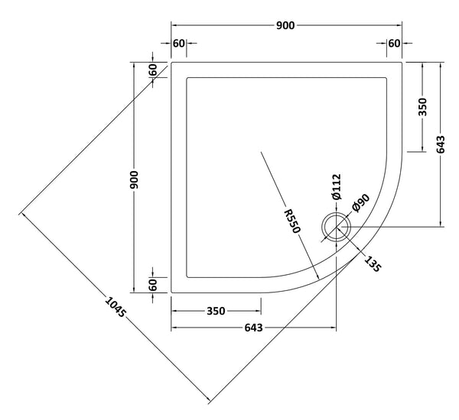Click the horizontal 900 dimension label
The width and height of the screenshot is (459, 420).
tap(286, 25)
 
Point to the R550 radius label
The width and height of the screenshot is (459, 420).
tap(293, 220)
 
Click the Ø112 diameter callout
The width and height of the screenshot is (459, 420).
tap(337, 188)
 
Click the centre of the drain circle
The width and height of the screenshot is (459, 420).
tap(337, 227)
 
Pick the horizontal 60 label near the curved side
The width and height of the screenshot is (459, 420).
tap(394, 43)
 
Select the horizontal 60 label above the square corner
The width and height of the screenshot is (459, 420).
tap(178, 43)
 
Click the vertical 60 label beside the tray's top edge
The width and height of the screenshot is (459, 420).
tap(153, 69)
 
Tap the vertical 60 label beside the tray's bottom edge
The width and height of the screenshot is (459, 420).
tap(153, 284)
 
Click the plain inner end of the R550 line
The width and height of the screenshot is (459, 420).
tap(262, 153)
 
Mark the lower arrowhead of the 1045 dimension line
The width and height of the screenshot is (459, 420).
tap(208, 400)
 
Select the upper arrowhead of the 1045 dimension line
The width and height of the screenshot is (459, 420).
tap(22, 214)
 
